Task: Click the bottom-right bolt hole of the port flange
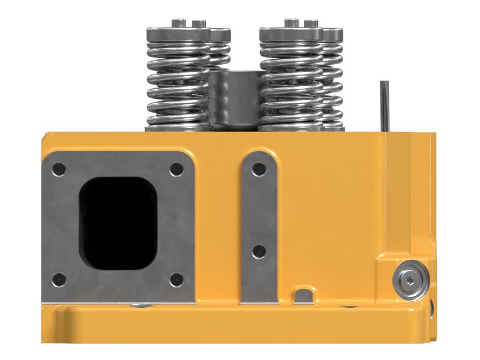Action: tap(175, 279)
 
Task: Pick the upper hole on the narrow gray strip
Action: tap(259, 169)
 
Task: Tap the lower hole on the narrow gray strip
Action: tap(259, 251)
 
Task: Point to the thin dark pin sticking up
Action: tap(384, 105)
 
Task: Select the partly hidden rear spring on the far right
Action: tap(334, 78)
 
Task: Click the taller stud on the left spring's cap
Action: tap(178, 23)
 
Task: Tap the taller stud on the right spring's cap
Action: tap(291, 23)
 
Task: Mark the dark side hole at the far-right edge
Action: tap(431, 312)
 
